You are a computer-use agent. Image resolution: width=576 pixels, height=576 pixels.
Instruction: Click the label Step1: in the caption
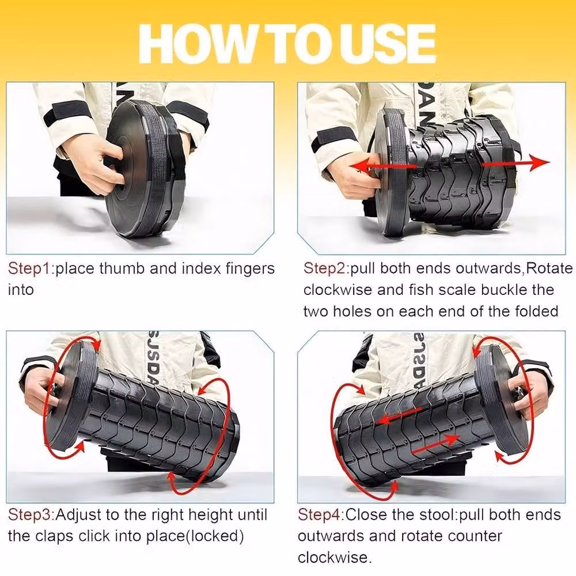31,268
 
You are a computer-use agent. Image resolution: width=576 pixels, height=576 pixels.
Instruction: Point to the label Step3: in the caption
31,514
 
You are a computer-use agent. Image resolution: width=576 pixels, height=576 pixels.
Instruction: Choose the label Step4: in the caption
321,514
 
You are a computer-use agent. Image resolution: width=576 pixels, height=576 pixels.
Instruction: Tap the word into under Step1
21,290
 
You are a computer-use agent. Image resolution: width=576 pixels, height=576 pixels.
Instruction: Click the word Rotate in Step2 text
549,268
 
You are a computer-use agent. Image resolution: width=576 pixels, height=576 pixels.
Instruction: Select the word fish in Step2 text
422,290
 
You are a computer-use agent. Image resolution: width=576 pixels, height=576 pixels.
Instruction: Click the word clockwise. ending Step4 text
335,557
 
